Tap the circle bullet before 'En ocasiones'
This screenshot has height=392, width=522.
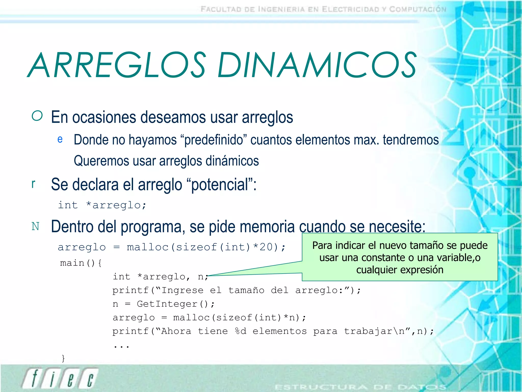click(x=37, y=116)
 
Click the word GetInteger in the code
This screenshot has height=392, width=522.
click(x=167, y=304)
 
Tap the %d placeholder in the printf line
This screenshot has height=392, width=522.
click(x=241, y=331)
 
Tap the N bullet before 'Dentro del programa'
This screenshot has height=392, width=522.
click(x=35, y=226)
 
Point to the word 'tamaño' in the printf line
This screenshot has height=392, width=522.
click(x=246, y=290)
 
